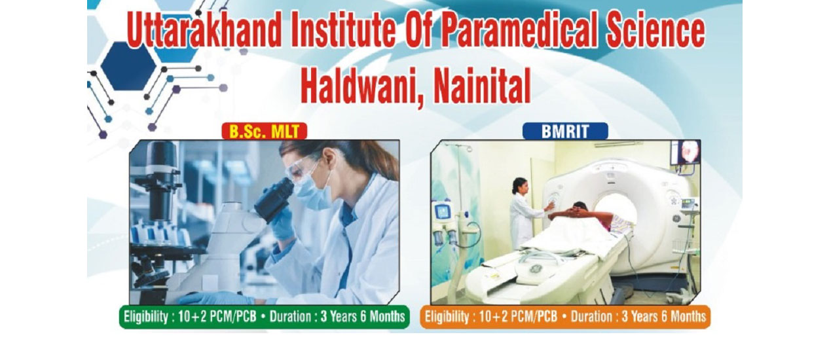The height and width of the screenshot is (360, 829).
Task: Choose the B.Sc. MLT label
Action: pos(265,132)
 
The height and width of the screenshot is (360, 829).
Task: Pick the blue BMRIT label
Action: pos(564,132)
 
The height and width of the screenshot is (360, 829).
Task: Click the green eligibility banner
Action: pos(265,317)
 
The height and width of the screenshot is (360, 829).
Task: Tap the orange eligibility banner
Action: pos(566,317)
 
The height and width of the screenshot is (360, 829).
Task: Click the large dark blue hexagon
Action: pos(129,66)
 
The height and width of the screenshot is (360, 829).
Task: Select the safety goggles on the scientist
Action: pos(304,168)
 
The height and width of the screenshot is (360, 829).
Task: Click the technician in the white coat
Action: pos(524,213)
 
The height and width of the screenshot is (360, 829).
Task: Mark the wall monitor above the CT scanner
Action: pos(686,152)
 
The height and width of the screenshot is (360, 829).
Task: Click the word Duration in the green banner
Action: pos(290,317)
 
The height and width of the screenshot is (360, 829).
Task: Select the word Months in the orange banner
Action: pos(689,317)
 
